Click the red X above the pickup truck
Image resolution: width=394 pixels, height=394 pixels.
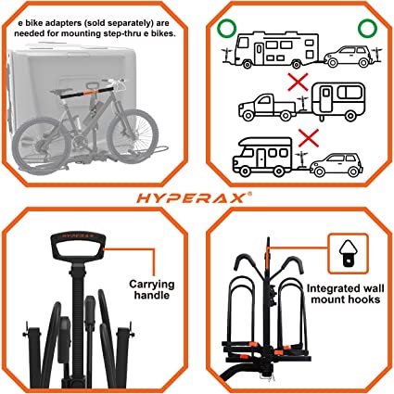point(298,82)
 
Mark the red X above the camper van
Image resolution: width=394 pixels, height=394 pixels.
point(308,138)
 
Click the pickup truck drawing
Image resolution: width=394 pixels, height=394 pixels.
point(267,108)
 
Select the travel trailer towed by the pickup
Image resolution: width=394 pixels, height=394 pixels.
point(337,102)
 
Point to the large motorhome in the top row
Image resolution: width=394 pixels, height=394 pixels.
point(276,49)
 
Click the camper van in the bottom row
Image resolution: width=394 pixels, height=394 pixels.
point(262,157)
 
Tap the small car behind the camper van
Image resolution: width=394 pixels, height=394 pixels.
point(337,165)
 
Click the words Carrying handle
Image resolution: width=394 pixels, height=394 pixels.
point(152,289)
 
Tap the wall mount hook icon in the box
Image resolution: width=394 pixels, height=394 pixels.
point(349,253)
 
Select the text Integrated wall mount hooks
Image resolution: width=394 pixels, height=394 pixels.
point(346,294)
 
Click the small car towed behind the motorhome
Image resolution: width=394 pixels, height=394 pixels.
point(348,57)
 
